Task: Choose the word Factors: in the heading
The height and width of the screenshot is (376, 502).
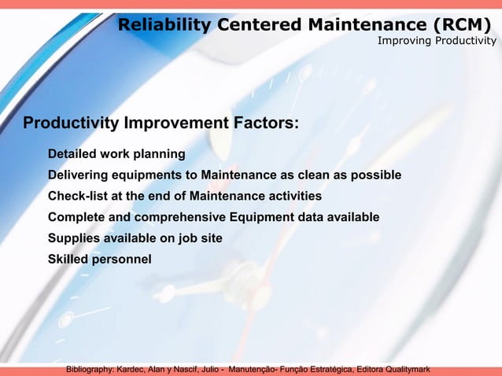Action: (265, 123)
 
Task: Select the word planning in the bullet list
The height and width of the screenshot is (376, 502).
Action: (160, 153)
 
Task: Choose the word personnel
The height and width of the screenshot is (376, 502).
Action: (124, 260)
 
